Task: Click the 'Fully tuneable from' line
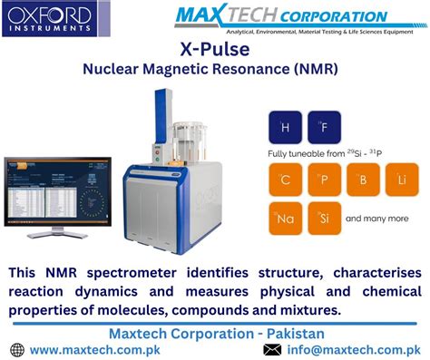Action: point(327,154)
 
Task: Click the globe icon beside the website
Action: point(16,349)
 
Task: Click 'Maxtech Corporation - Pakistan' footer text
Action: point(215,333)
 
